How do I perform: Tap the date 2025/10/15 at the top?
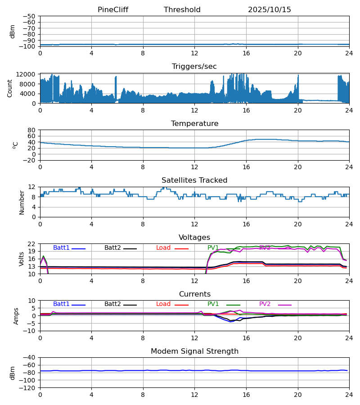[x=270, y=10]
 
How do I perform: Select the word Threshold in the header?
[x=182, y=10]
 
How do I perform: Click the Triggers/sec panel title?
[x=194, y=67]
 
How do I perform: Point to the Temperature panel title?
[x=194, y=124]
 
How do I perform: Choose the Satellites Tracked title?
[x=194, y=180]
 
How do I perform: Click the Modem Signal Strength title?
[x=194, y=351]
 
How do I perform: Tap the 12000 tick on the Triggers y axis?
[x=28, y=75]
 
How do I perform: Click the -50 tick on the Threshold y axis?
[x=30, y=16]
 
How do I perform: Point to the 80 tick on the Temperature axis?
[x=32, y=130]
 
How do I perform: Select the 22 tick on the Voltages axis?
[x=32, y=244]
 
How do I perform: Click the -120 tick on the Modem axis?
[x=28, y=388]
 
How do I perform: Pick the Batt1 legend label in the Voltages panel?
[x=61, y=248]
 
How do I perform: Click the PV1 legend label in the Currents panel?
[x=213, y=304]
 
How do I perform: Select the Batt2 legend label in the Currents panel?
[x=112, y=304]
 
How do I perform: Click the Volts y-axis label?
[x=22, y=259]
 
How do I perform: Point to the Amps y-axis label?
[x=17, y=316]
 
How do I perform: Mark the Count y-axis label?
[x=10, y=88]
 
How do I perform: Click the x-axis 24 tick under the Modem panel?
[x=349, y=395]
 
